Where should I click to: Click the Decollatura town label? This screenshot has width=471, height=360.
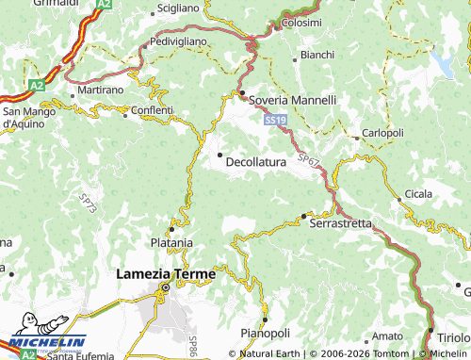coord(257,162)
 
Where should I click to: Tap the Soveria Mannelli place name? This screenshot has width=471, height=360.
coord(292,100)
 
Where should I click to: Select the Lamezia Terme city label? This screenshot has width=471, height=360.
coord(165,274)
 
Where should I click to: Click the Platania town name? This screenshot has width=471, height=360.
coord(171,241)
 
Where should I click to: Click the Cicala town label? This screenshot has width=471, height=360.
coord(416,194)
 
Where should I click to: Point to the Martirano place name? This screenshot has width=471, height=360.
coord(101,89)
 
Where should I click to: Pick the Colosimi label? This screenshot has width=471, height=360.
coord(301,22)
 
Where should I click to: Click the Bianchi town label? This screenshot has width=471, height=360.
coord(317,55)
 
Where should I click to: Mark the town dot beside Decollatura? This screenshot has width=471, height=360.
coord(220,155)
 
